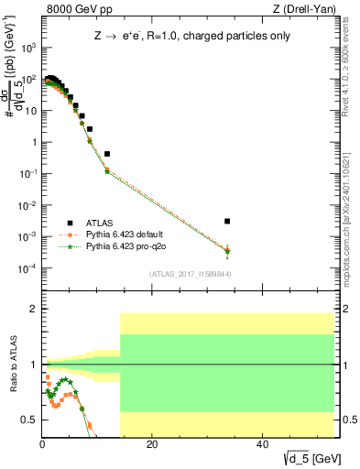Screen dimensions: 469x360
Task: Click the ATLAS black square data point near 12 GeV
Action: tap(107, 154)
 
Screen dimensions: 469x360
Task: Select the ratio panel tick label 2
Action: tap(33, 310)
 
